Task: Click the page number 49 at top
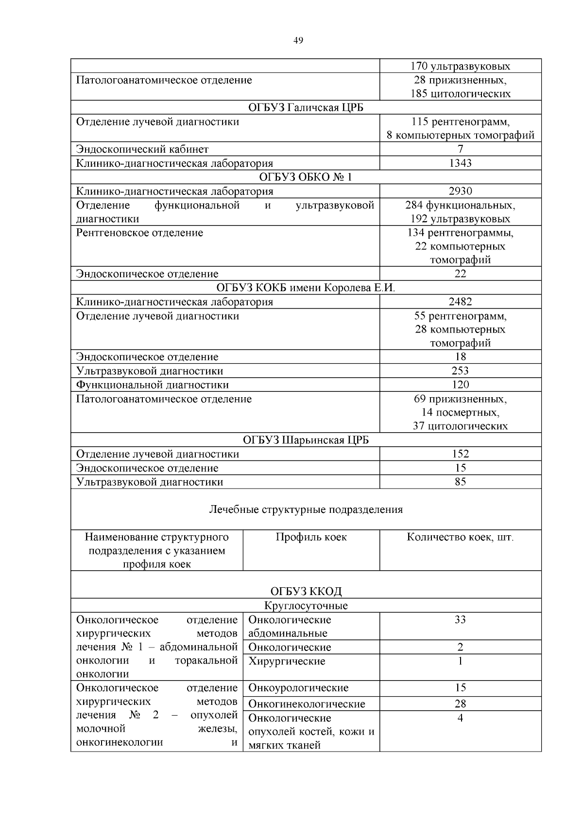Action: (x=298, y=41)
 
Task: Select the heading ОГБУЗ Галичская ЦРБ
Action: (x=306, y=107)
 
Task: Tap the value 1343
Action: (x=460, y=163)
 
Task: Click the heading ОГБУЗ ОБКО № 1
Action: (x=306, y=177)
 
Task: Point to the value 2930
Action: (x=460, y=191)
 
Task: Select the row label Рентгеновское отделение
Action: (x=139, y=232)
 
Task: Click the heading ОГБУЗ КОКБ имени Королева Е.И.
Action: (x=306, y=288)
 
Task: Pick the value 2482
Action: (x=460, y=302)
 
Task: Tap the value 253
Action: (x=460, y=371)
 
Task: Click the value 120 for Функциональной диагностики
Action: (x=460, y=385)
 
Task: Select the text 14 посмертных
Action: (x=460, y=412)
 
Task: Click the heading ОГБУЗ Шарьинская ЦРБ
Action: (x=306, y=440)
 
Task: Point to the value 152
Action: (x=460, y=454)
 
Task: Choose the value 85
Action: (x=460, y=482)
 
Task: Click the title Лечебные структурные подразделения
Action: (x=306, y=509)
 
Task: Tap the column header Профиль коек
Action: (x=311, y=537)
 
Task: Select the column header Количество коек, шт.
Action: (x=460, y=537)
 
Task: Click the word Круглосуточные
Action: (x=306, y=606)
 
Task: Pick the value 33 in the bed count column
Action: (x=460, y=619)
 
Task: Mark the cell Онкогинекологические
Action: (x=307, y=704)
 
